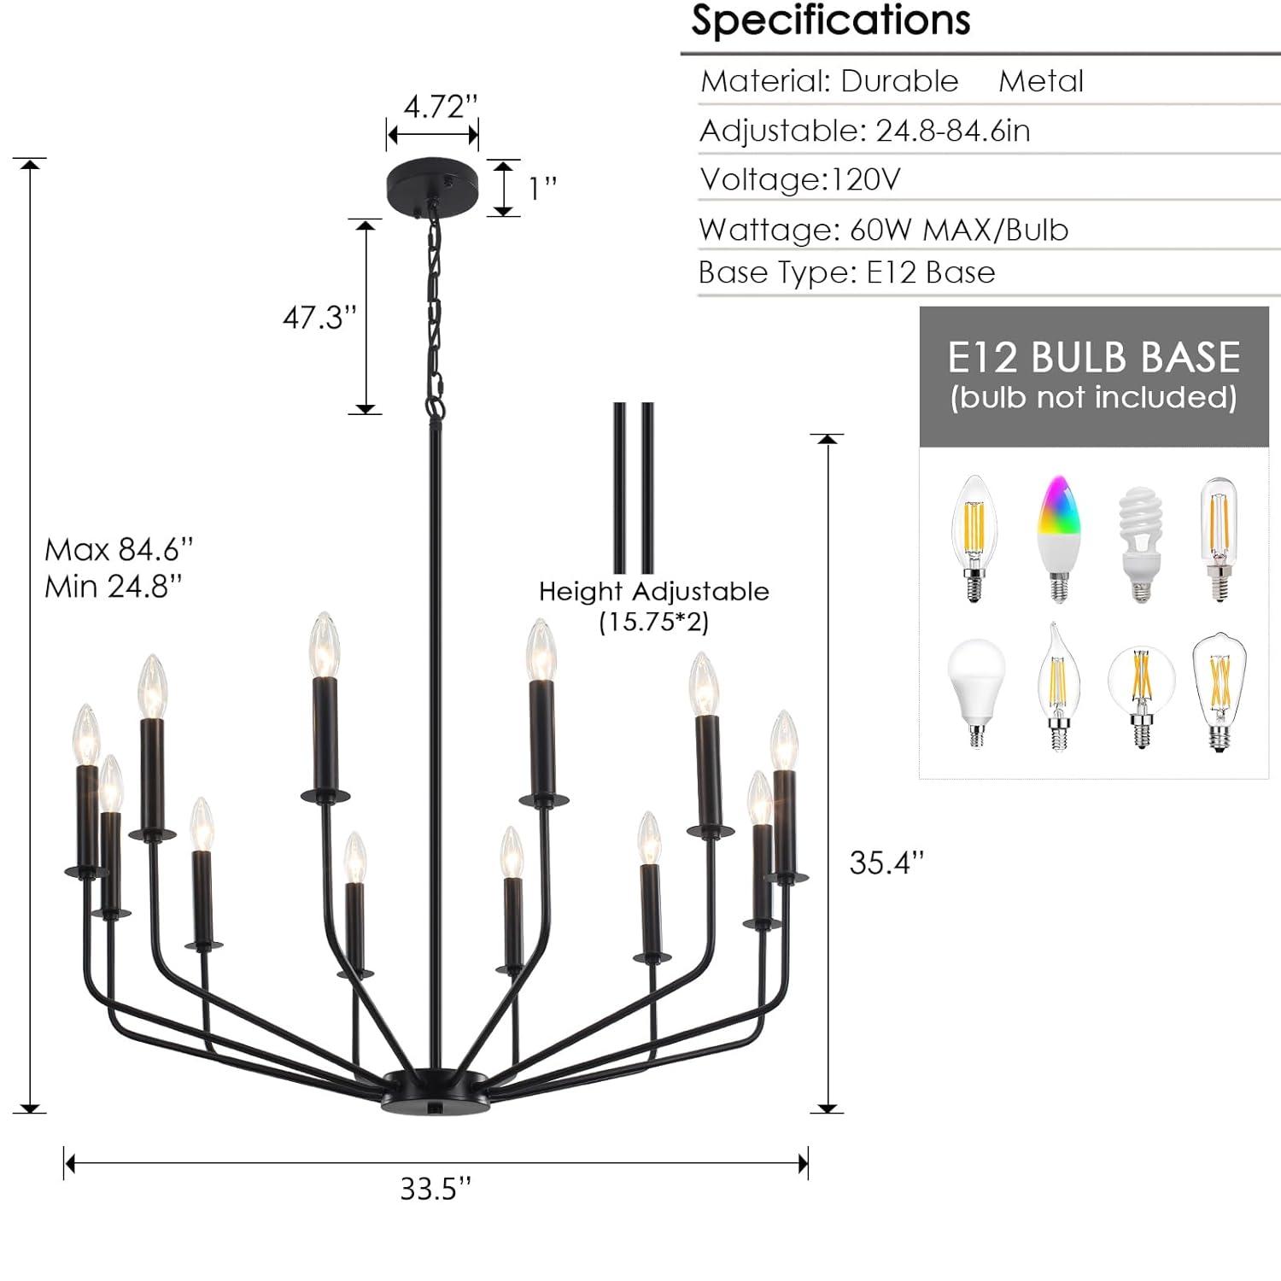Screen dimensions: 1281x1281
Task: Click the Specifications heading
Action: click(x=830, y=20)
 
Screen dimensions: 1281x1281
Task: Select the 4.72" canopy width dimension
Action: click(x=439, y=108)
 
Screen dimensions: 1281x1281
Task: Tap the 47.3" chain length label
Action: click(x=319, y=318)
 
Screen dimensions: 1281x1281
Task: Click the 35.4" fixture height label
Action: click(x=886, y=863)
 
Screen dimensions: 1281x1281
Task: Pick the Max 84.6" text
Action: click(x=119, y=549)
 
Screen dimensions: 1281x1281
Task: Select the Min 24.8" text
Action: click(x=113, y=587)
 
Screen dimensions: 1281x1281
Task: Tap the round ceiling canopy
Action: click(x=432, y=178)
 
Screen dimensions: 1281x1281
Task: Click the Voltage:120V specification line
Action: click(x=800, y=179)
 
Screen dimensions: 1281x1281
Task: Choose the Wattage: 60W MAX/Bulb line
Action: click(x=883, y=230)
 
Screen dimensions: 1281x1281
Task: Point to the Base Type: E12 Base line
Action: click(x=846, y=272)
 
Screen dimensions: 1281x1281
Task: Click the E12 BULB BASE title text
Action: click(x=1093, y=357)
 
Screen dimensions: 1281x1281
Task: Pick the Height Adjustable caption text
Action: click(x=653, y=591)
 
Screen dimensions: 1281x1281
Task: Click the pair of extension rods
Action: click(x=633, y=488)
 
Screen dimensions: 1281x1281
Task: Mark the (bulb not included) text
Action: click(x=1093, y=398)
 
